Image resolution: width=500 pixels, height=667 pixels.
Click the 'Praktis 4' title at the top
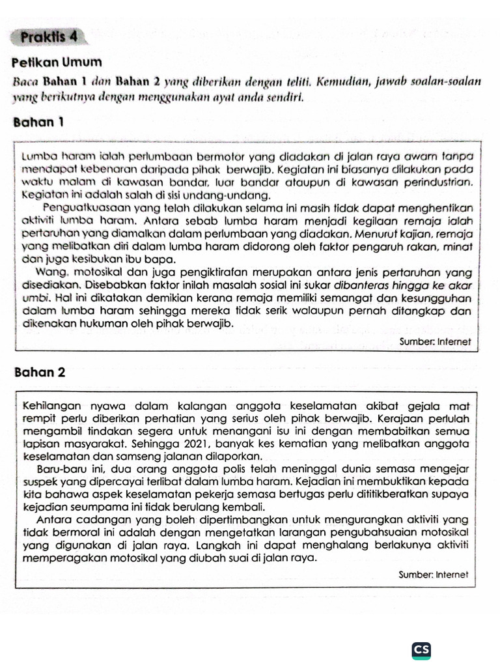point(49,36)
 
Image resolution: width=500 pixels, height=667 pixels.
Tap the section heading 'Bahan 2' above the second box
point(39,373)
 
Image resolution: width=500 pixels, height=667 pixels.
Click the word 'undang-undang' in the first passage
point(232,195)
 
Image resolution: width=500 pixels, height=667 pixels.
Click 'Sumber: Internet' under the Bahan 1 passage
point(435,341)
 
